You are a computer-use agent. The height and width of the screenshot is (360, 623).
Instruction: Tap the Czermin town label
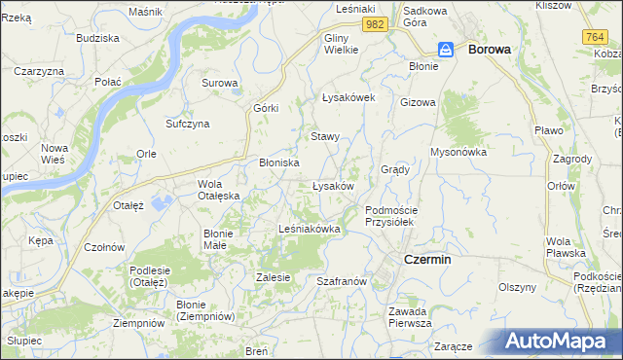pos(427,259)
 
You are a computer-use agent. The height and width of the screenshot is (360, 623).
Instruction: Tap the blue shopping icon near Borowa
pos(445,49)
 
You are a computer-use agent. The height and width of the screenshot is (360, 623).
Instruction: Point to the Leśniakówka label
pos(309,229)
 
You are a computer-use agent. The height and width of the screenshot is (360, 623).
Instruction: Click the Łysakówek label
pos(348,97)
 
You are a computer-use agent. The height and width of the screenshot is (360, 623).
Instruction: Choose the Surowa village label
pos(220,83)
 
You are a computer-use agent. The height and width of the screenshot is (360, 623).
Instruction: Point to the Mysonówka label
pos(458,152)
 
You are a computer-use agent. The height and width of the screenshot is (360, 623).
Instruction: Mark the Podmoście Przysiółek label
pos(390,216)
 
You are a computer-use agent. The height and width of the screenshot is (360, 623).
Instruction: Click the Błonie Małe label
pos(216,239)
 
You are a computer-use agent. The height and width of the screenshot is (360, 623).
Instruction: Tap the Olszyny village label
pos(518,287)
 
